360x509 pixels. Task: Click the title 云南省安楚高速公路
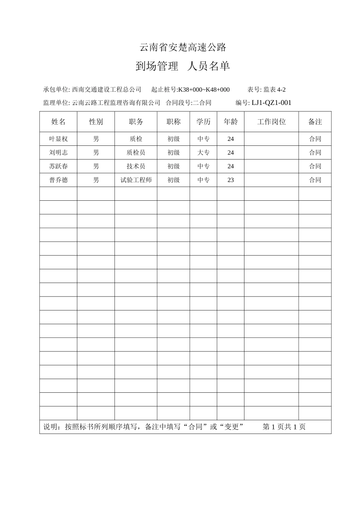183,47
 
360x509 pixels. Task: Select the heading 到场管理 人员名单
183,67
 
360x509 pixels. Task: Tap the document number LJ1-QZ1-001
271,103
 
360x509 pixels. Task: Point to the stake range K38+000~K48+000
204,90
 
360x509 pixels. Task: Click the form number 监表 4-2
275,90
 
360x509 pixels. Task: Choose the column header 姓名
58,122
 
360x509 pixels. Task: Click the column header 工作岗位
271,122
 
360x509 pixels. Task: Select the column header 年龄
230,122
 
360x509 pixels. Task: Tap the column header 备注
315,122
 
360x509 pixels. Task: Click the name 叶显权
58,139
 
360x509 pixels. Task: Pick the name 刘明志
58,153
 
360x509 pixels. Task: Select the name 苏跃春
58,166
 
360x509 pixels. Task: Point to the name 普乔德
58,180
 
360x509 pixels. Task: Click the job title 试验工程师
136,180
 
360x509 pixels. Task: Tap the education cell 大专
203,153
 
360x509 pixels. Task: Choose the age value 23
230,180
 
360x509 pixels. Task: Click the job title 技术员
136,166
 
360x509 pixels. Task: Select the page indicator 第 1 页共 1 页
284,427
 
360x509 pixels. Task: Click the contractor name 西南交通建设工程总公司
106,90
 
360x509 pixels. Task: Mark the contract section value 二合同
202,103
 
